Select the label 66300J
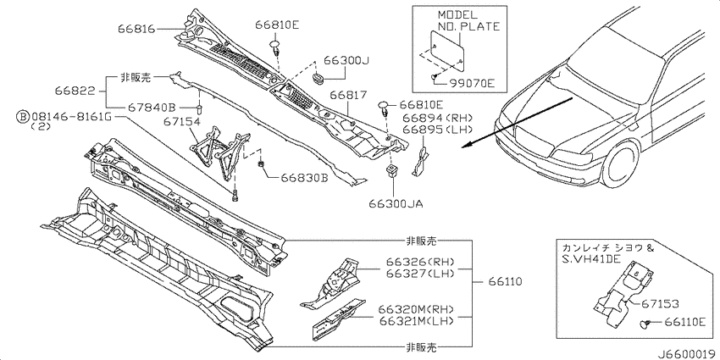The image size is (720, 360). click(x=346, y=61)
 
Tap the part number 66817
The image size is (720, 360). click(x=347, y=96)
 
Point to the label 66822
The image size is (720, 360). click(x=75, y=91)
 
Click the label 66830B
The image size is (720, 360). click(x=304, y=178)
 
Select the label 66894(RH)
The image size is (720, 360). click(x=435, y=118)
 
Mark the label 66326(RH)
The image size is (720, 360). click(x=417, y=263)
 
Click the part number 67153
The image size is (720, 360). click(x=661, y=304)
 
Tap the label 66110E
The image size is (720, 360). click(x=683, y=323)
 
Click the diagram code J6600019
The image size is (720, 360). click(x=689, y=354)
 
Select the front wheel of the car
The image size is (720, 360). click(x=619, y=163)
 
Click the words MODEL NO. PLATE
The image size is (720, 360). click(x=465, y=21)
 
